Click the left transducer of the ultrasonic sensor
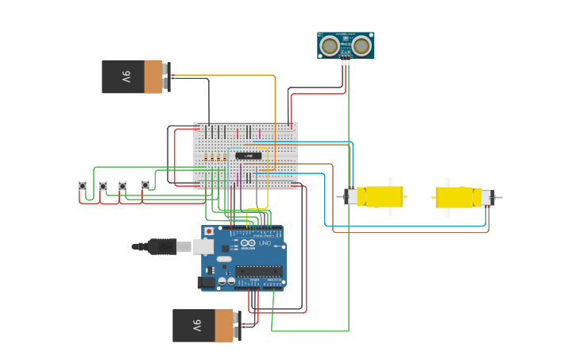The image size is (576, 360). click(x=329, y=46)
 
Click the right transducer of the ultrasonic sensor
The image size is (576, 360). click(x=362, y=46)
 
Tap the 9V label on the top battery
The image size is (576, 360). click(x=126, y=77)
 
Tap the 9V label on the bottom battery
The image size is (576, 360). click(x=195, y=326)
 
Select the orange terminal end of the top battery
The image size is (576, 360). click(x=153, y=77)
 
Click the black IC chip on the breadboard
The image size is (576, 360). click(x=248, y=156)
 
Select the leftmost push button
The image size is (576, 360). click(x=83, y=186)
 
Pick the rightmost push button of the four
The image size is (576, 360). click(x=145, y=185)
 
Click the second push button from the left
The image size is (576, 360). click(x=102, y=186)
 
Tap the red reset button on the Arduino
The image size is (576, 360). click(x=209, y=232)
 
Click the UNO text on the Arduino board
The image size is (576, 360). click(x=265, y=242)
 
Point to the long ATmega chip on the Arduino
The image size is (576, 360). click(x=258, y=271)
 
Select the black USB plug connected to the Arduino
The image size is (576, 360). click(x=162, y=246)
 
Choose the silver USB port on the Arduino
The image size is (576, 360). click(x=203, y=246)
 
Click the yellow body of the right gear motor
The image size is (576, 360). click(x=454, y=197)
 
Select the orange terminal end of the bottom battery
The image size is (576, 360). click(x=224, y=326)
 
